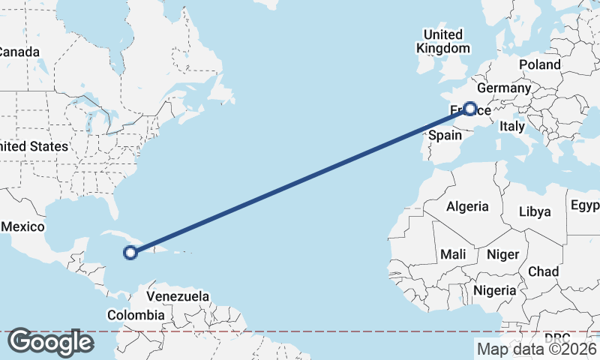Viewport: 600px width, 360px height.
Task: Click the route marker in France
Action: click(470, 109)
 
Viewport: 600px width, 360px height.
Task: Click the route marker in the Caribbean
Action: click(130, 253)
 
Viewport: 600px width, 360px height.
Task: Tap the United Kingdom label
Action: click(443, 41)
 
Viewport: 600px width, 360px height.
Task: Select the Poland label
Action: click(539, 64)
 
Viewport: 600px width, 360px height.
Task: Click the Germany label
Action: click(503, 88)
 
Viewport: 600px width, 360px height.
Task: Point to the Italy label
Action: click(512, 127)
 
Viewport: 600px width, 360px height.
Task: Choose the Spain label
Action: click(445, 136)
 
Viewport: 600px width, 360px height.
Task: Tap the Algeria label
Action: click(467, 206)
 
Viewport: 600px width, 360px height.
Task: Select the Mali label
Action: click(453, 254)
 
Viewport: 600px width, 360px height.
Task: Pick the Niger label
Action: click(502, 254)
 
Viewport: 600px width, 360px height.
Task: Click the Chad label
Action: click(543, 271)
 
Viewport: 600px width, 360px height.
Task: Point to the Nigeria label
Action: click(495, 290)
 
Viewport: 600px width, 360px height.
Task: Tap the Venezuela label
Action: click(178, 296)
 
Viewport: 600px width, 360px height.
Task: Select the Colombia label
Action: click(135, 316)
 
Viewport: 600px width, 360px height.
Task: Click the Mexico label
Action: click(24, 226)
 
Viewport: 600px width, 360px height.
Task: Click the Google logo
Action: click(50, 342)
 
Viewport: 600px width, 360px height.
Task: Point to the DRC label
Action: click(557, 337)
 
